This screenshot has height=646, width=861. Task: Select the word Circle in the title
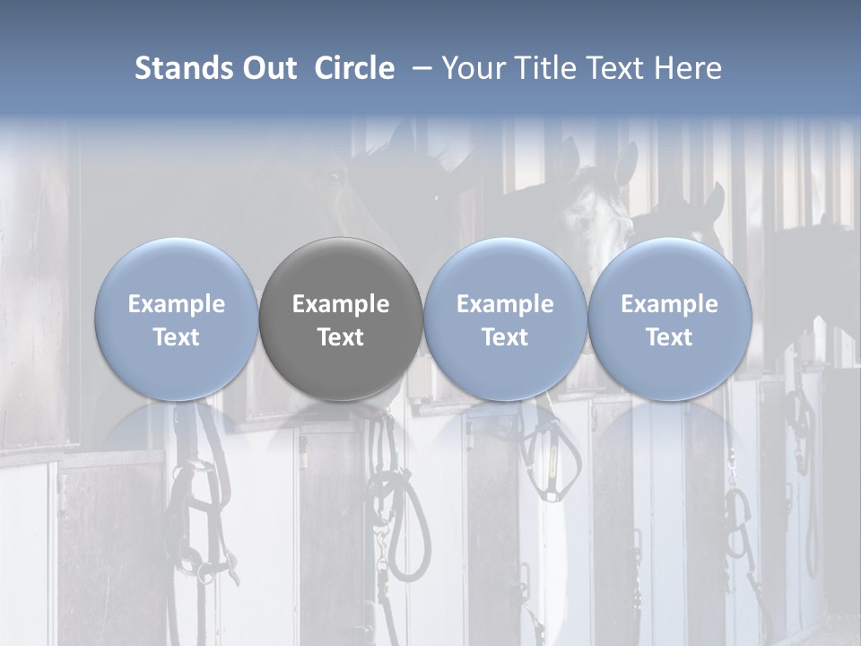click(354, 68)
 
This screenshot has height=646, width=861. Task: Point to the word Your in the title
click(473, 68)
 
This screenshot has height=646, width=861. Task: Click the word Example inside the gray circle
click(341, 304)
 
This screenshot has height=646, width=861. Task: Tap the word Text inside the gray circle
click(341, 337)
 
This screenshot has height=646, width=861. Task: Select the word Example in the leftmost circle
click(177, 304)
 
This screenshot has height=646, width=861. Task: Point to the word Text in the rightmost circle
click(669, 337)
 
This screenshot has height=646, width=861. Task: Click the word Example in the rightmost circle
click(669, 304)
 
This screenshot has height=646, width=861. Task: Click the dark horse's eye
click(335, 177)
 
